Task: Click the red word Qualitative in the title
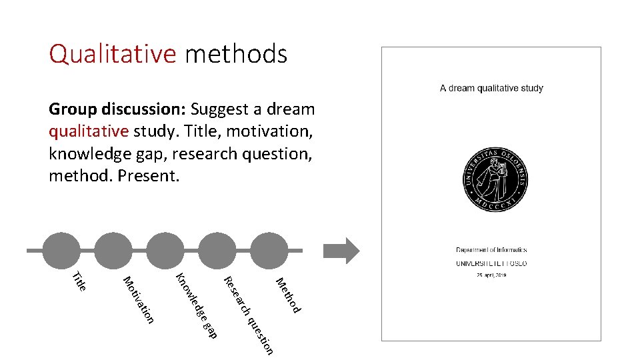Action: coord(113,54)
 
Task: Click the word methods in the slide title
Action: coord(236,54)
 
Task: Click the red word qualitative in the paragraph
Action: coord(89,131)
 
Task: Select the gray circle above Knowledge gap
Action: coord(167,251)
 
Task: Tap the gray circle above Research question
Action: coord(219,251)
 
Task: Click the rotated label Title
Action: coord(79,281)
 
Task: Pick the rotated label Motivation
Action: coord(139,299)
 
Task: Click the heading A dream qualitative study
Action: coord(491,88)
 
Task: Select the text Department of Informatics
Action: coord(491,250)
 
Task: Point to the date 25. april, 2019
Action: coord(491,275)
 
